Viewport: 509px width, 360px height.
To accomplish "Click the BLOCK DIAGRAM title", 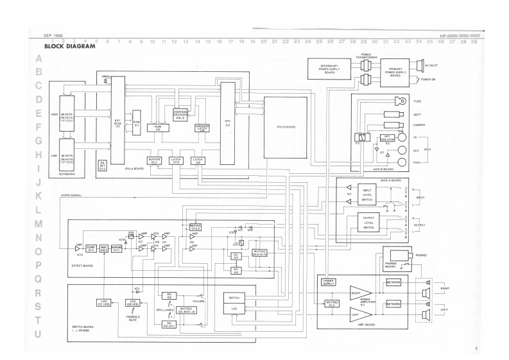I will [69, 47].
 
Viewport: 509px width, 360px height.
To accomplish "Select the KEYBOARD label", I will [67, 173].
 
